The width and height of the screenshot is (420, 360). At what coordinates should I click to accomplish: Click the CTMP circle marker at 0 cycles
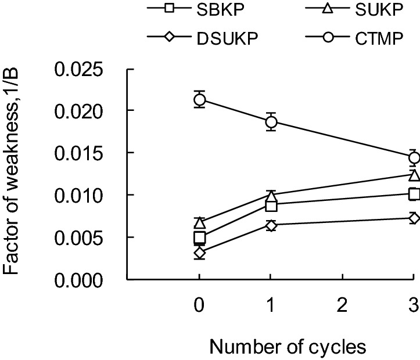click(199, 99)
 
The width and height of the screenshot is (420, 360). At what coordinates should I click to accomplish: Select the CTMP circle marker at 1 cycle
click(271, 121)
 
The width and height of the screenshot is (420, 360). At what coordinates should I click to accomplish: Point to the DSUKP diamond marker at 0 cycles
click(199, 253)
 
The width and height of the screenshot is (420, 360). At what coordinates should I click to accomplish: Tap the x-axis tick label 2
click(342, 304)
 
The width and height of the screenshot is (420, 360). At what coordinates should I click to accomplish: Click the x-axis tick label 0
click(199, 304)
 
